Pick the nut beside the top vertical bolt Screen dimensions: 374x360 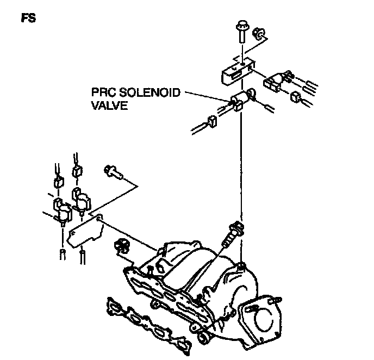(x=259, y=36)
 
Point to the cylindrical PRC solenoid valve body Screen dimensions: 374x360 (x=242, y=100)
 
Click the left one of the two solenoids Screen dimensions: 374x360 (x=60, y=209)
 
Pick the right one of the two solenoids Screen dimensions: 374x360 (x=80, y=199)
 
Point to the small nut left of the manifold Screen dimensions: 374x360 (x=121, y=246)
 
